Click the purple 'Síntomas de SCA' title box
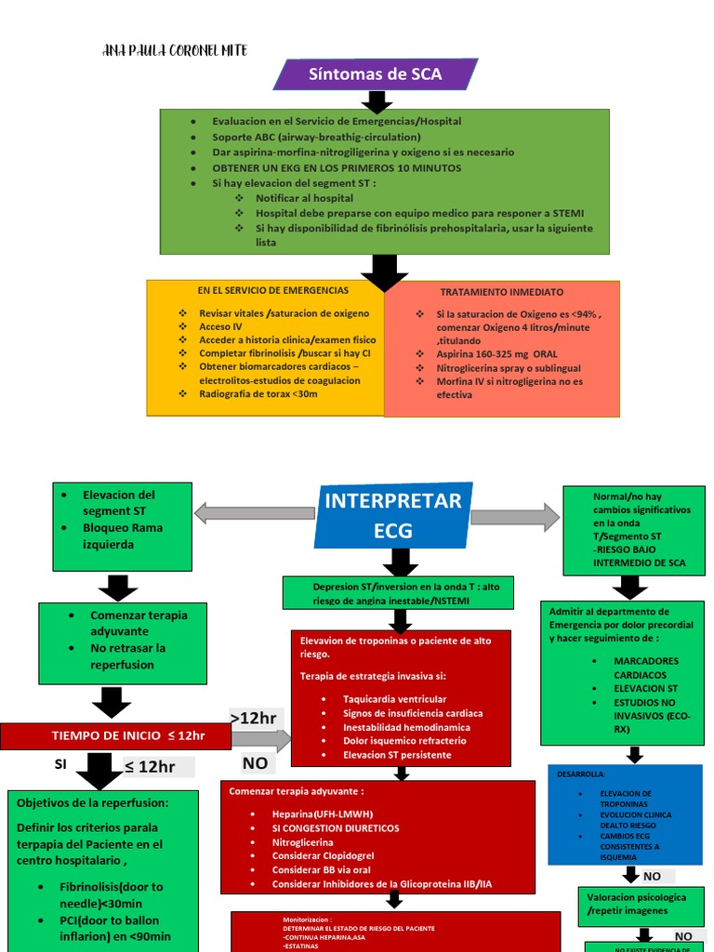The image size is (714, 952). pos(376,74)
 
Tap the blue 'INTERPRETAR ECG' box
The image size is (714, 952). pos(392,515)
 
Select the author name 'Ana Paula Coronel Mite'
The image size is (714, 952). pos(175,50)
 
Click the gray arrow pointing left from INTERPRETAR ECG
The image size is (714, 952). pos(254,513)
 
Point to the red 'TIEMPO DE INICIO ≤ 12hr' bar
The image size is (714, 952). pos(115,736)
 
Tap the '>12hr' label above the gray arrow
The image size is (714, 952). pos(253,718)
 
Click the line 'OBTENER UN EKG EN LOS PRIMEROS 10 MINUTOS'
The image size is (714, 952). pos(337,168)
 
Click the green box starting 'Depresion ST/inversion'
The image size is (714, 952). pos(398,593)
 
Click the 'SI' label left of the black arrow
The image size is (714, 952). pos(61,764)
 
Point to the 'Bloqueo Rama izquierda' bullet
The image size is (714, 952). pos(122,535)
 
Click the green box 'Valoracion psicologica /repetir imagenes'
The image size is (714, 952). pos(637,904)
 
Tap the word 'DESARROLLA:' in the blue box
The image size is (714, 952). pos(581,773)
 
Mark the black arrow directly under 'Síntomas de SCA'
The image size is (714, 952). pos(377,101)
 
